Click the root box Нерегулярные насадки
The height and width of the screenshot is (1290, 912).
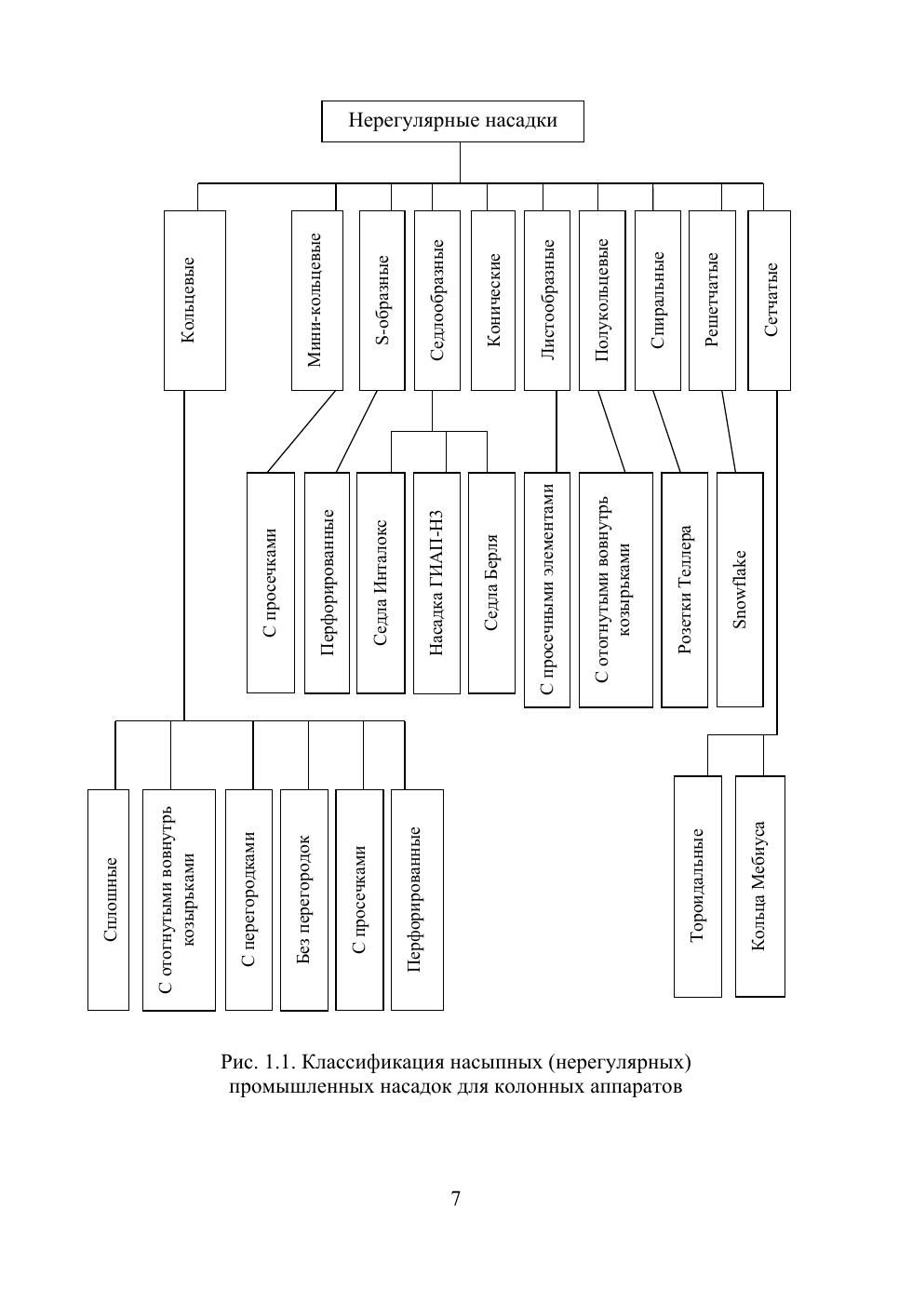(452, 121)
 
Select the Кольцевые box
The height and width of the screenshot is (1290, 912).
(194, 300)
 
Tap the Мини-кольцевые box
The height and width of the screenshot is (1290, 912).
(316, 300)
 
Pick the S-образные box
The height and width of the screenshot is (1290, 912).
(382, 300)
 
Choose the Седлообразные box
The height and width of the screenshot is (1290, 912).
(437, 300)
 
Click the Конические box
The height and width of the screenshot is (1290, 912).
(493, 300)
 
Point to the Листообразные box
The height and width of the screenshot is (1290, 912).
(547, 300)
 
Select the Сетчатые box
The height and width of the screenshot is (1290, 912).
(770, 300)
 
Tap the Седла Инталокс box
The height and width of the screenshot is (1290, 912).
(381, 583)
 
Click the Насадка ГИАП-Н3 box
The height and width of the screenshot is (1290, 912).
(436, 583)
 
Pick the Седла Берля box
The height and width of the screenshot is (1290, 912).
(491, 583)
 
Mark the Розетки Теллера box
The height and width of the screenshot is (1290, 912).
(685, 590)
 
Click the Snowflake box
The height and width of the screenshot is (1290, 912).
(740, 590)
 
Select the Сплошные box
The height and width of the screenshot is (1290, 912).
(108, 899)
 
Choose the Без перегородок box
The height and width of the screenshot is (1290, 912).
(304, 899)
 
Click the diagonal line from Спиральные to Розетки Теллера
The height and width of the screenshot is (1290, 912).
(666, 432)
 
